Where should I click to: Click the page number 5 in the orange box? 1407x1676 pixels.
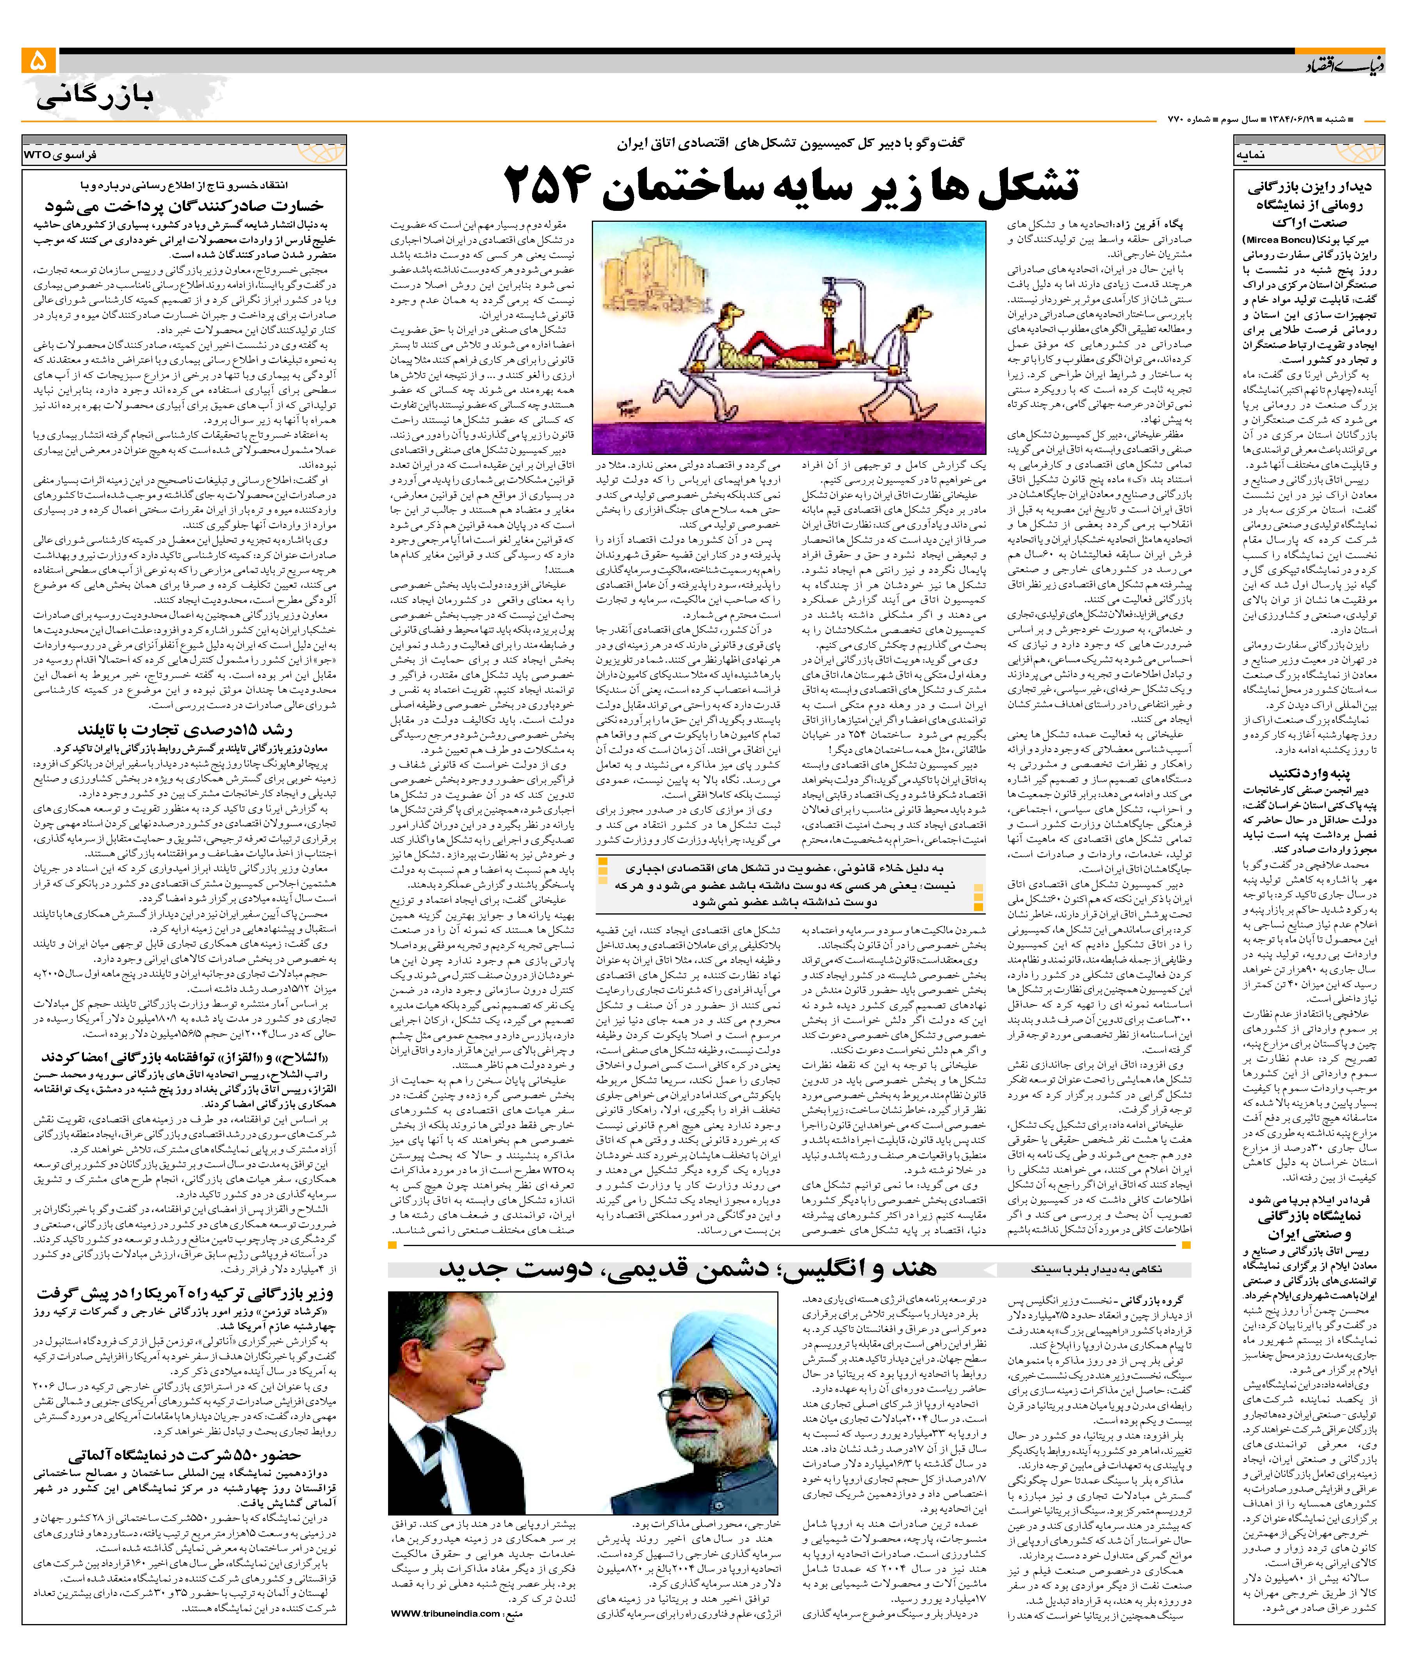[x=38, y=61]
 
